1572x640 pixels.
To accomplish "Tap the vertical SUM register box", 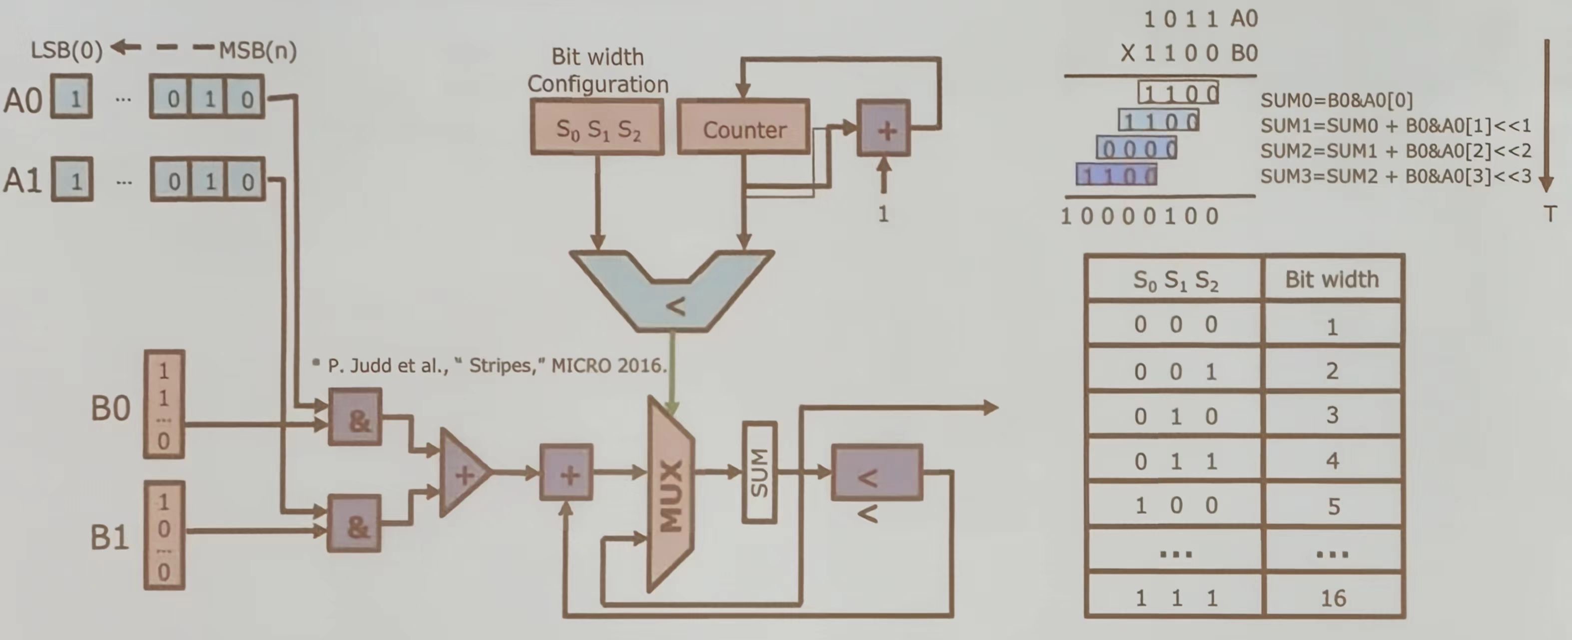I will [x=759, y=472].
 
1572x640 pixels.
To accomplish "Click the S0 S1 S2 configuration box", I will [x=597, y=127].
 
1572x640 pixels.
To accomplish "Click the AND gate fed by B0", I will [x=355, y=417].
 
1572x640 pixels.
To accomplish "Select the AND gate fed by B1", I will [x=355, y=524].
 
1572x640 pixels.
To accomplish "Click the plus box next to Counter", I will [x=884, y=129].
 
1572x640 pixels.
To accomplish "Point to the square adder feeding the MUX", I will [x=566, y=472].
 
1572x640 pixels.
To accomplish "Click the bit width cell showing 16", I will [x=1333, y=597].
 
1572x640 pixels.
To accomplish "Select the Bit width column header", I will [x=1332, y=279].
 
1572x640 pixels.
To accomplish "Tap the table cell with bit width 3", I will [x=1332, y=415].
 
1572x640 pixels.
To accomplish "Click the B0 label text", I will [x=110, y=408].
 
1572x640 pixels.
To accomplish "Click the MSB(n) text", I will [x=258, y=50].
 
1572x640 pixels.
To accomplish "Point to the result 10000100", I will [x=1139, y=216].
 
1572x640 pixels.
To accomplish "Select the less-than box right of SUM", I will [x=876, y=472].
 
